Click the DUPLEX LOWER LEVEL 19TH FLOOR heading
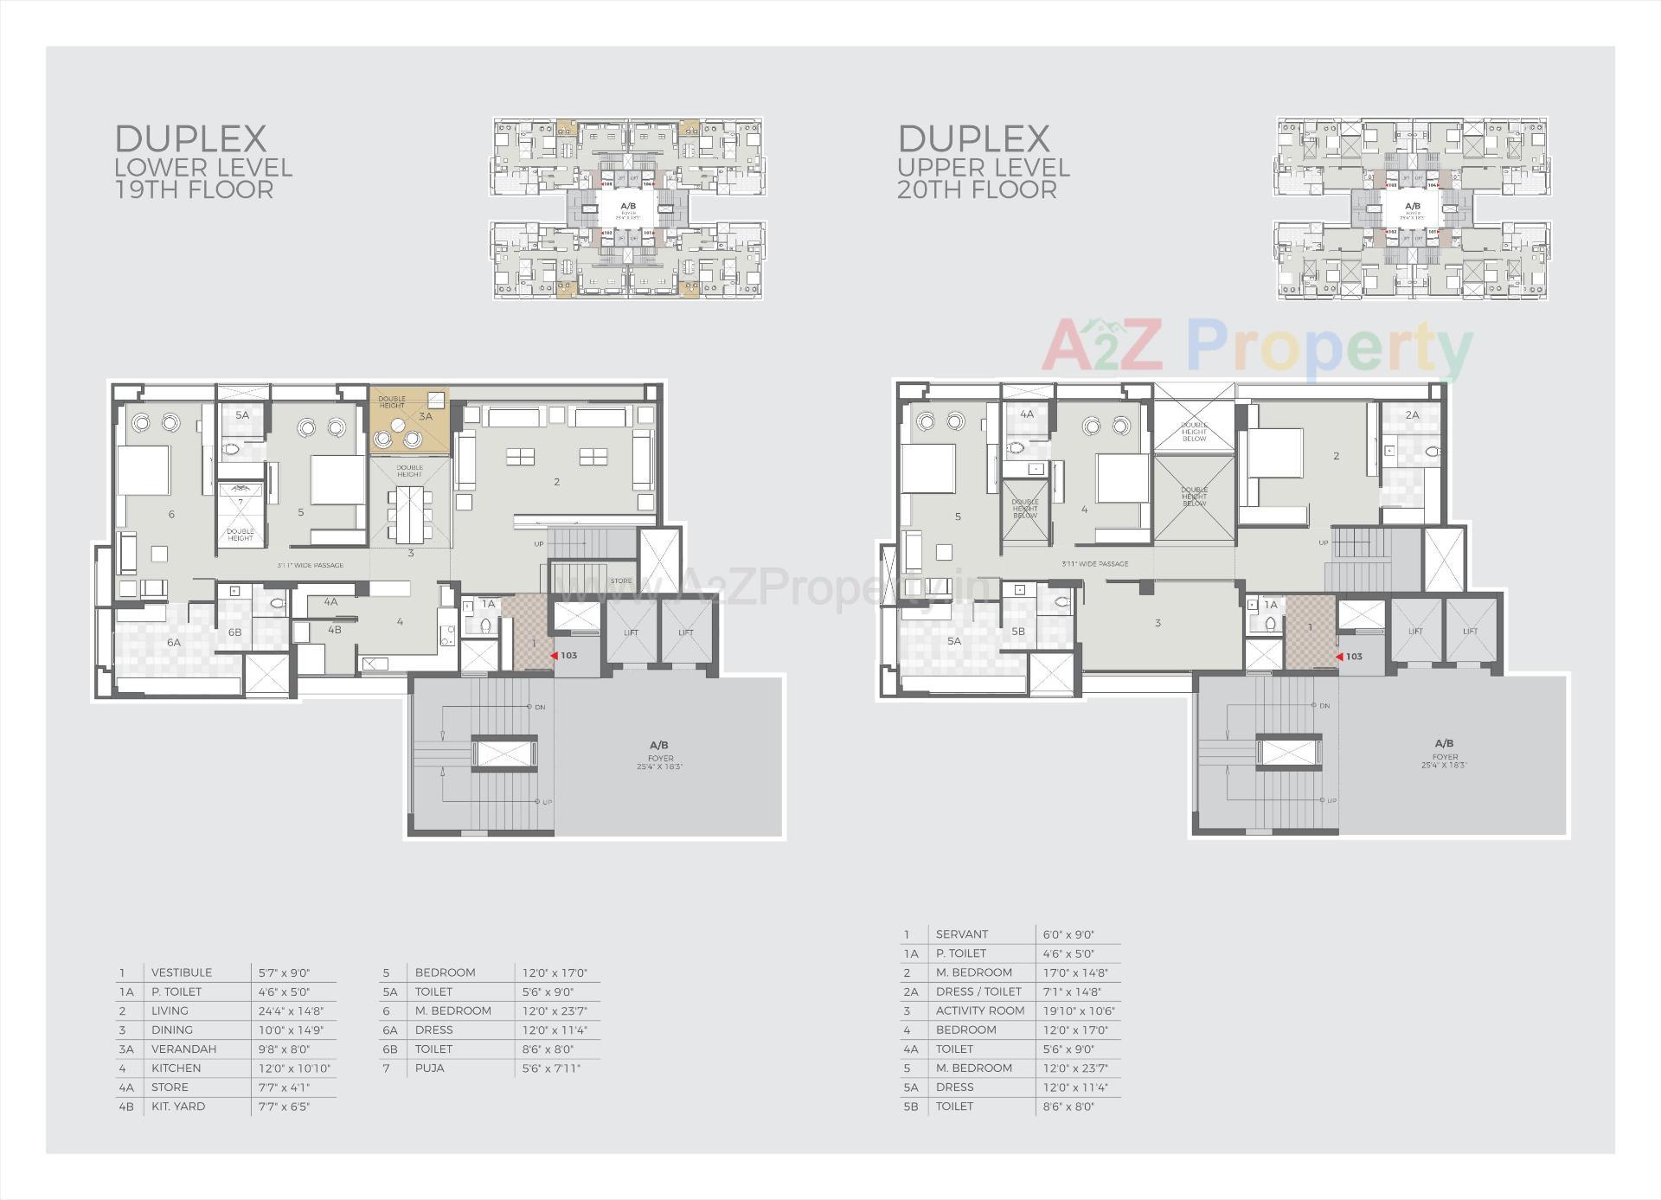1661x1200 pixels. [202, 163]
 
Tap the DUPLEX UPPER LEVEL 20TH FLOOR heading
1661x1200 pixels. [984, 163]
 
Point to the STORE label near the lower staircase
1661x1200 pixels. [620, 581]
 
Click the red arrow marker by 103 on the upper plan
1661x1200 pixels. [1339, 657]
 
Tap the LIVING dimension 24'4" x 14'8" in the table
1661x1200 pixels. [291, 1011]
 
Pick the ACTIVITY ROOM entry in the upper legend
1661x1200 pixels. [979, 1011]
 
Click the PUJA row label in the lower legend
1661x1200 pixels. [429, 1068]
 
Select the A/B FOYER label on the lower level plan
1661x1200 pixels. [659, 754]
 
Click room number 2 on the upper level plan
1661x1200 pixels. [1336, 456]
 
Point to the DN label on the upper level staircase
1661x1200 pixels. [1324, 706]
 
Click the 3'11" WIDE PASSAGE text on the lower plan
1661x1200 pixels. [310, 565]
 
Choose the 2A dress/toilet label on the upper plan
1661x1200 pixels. [1412, 415]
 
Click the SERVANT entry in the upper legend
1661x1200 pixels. [961, 934]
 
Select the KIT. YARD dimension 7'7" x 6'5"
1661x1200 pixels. [284, 1106]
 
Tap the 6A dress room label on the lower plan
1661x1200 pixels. [174, 643]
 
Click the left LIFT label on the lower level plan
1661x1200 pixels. [631, 632]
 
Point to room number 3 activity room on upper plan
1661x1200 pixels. [1158, 623]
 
